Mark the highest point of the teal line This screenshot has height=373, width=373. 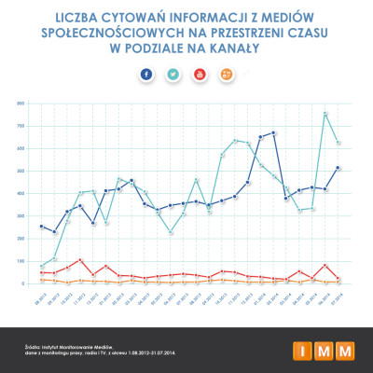[x=325, y=114]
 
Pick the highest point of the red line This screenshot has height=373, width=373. [x=81, y=260]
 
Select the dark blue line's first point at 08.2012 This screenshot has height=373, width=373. [x=42, y=226]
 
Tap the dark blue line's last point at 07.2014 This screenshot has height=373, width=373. [x=338, y=168]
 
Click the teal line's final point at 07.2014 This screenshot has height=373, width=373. [x=338, y=143]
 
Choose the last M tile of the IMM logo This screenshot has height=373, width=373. [x=345, y=350]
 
